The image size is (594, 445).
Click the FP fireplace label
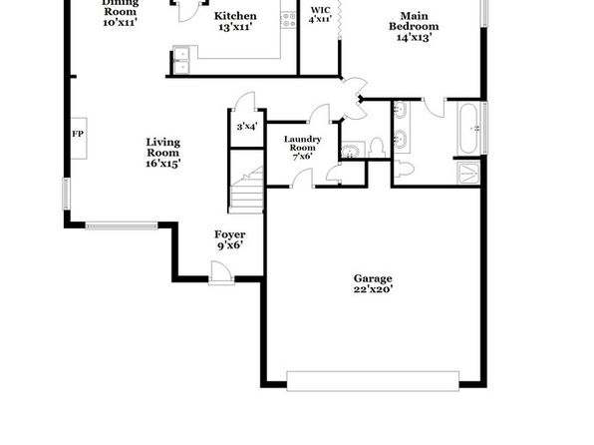(78, 134)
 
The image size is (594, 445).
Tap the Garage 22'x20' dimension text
(373, 289)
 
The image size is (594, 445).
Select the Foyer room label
(229, 234)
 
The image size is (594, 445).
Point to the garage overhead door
(373, 381)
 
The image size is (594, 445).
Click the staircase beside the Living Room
(247, 190)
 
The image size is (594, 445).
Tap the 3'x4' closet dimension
(247, 127)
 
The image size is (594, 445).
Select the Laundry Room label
(302, 144)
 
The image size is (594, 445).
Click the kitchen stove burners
(288, 20)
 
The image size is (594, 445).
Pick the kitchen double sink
(181, 61)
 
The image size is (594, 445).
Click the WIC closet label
(321, 10)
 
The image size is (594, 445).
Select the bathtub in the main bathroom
(468, 129)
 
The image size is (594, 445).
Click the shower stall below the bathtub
(469, 173)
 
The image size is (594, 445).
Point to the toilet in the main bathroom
(404, 169)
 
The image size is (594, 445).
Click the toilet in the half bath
(377, 148)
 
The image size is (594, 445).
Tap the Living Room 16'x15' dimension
(162, 164)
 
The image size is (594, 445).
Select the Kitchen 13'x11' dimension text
(235, 27)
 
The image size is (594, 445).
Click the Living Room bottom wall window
(122, 225)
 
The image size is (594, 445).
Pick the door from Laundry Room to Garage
(302, 179)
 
